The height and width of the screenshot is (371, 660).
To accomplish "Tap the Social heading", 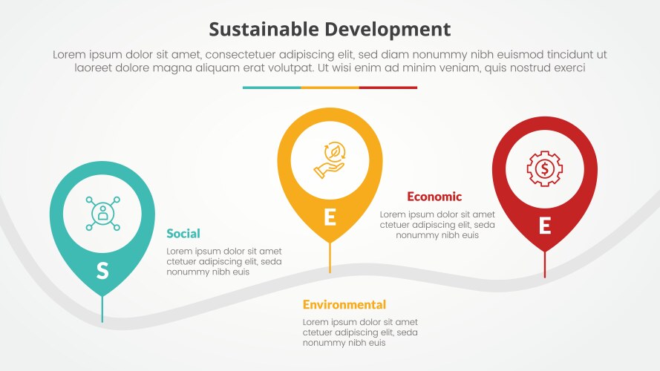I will (x=183, y=234).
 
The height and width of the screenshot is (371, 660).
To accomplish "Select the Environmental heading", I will (x=344, y=305).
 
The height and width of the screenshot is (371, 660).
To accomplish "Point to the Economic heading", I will (x=434, y=197).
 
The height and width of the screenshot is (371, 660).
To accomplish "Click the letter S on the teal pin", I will (x=102, y=272).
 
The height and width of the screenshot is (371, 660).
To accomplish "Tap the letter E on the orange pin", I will (x=330, y=217).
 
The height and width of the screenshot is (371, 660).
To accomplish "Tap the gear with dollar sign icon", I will (x=544, y=168).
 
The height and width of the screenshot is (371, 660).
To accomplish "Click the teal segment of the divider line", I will (x=272, y=88).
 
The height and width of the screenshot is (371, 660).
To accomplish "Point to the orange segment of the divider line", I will (x=330, y=88).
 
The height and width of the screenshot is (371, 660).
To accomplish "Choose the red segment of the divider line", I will (x=388, y=88).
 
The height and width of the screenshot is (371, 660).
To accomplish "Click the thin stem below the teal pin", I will (x=102, y=310).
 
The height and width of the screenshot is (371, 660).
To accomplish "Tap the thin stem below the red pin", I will (x=545, y=265).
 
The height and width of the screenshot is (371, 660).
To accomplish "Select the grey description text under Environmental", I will (x=360, y=332).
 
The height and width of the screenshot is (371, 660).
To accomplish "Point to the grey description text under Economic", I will (x=437, y=225).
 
